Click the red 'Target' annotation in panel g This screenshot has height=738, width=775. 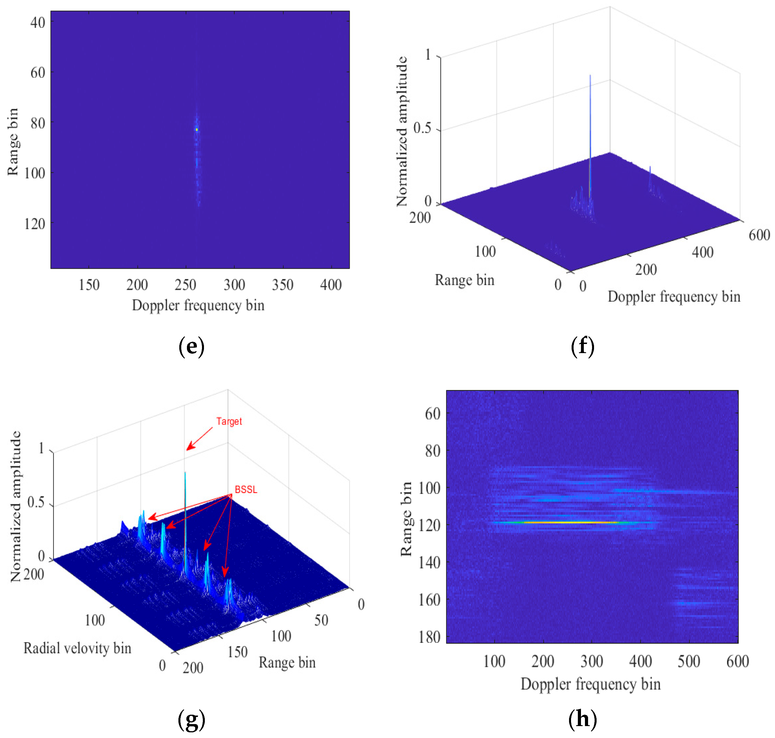(229, 421)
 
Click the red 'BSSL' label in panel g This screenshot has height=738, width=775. (246, 489)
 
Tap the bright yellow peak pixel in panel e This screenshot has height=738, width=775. (196, 130)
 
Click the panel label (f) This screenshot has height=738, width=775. (582, 346)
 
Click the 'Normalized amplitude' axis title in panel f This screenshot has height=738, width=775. (402, 132)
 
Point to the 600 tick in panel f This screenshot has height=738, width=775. (759, 235)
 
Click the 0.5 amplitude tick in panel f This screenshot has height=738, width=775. (422, 128)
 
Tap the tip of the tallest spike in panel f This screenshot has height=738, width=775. (590, 75)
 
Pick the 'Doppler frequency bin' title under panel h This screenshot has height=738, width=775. (591, 684)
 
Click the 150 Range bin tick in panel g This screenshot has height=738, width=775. (237, 652)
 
